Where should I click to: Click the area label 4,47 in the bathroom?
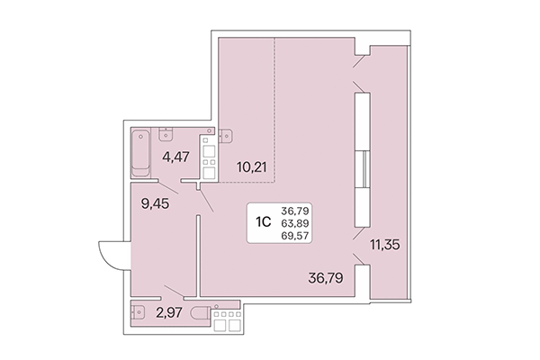(176, 159)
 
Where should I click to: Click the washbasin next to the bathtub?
(167, 135)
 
